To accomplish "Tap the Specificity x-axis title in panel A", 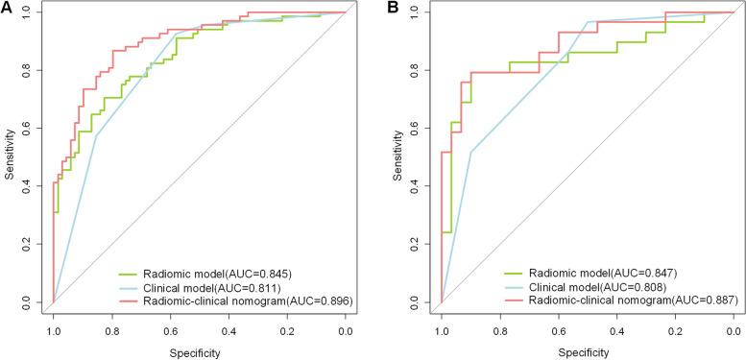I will [199, 352].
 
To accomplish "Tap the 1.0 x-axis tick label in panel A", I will [53, 329].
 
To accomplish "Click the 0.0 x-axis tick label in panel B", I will [734, 329].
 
